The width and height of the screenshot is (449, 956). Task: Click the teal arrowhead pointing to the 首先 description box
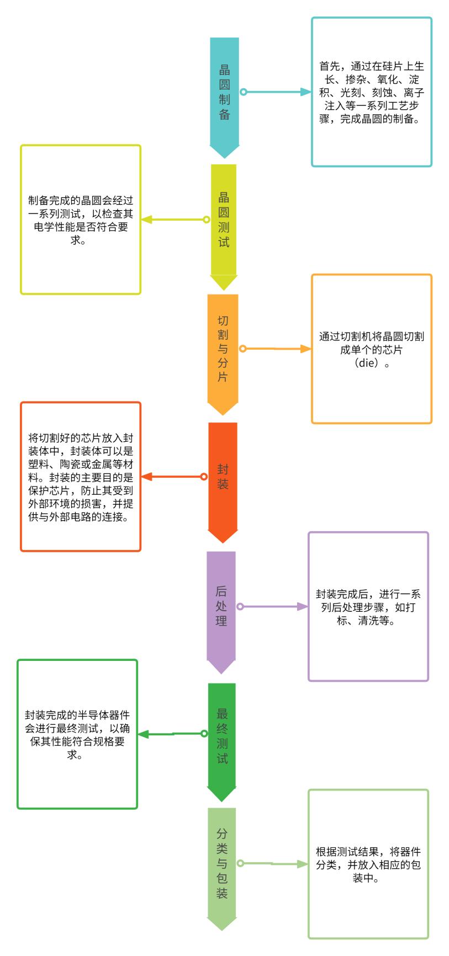pyautogui.click(x=305, y=92)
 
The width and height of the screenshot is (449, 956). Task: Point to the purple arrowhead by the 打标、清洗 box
pyautogui.click(x=303, y=606)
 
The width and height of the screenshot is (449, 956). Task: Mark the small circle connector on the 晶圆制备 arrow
pyautogui.click(x=243, y=92)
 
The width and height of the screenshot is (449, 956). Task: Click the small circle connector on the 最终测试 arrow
pyautogui.click(x=204, y=734)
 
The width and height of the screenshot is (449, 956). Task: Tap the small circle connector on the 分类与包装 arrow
pyautogui.click(x=240, y=863)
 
